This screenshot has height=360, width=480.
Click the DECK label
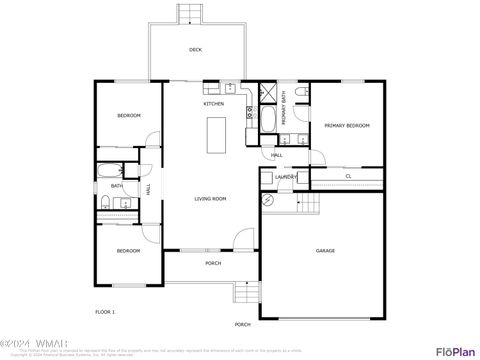pos(195,49)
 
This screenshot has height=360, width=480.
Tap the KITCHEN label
pos(214,104)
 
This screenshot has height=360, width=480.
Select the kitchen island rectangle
pos(216,135)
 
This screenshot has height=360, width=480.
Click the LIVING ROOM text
pos(210,199)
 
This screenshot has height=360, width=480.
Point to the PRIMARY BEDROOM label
pos(347,125)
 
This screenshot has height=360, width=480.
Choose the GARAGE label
pos(325,251)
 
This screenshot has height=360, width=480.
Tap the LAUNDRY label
pos(287,177)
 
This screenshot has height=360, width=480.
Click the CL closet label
pos(348,177)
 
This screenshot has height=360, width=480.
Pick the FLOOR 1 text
pos(105,312)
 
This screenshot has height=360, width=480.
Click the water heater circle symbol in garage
pos(269,200)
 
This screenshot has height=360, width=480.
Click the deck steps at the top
pos(189,13)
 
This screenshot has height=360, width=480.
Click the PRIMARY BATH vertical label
pos(284,106)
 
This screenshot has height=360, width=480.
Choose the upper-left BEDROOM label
pos(129,116)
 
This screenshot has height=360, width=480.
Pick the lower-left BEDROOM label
pos(128,250)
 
